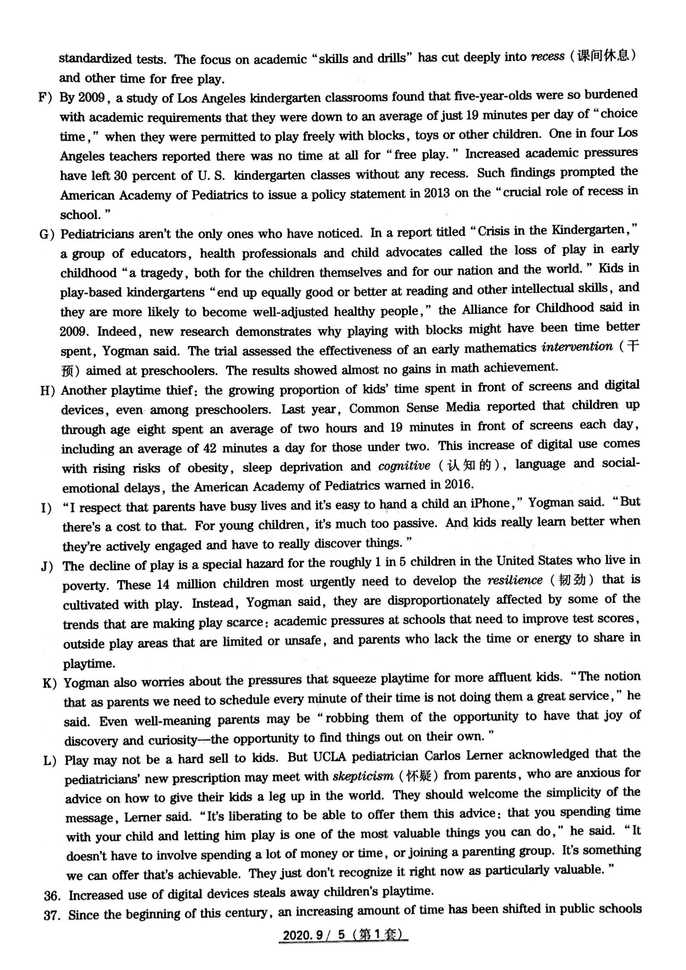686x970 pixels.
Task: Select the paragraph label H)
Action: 47,391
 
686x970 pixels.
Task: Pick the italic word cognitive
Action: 404,466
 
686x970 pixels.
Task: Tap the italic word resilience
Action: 514,580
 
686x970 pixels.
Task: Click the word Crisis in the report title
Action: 497,232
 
